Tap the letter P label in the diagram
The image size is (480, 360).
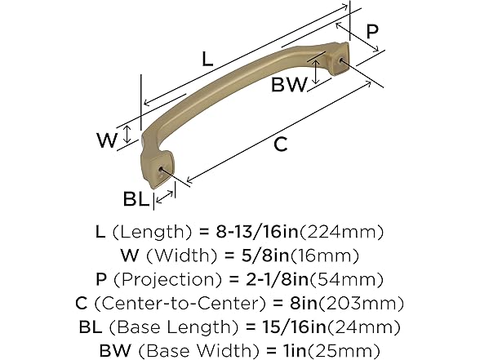coord(371,32)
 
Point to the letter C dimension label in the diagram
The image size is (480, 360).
coord(280,144)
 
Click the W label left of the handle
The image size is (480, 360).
coord(107,140)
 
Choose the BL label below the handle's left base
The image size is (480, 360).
coord(136,198)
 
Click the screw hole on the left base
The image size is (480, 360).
coord(168,171)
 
